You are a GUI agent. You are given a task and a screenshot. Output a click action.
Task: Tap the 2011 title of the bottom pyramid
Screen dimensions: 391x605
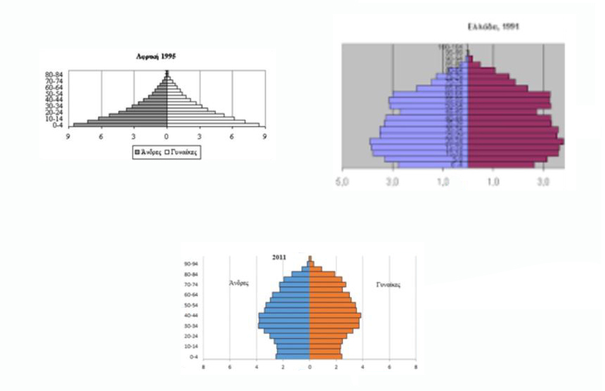pyautogui.click(x=279, y=257)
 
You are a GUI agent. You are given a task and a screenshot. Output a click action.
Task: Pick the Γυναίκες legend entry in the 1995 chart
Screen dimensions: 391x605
pyautogui.click(x=181, y=151)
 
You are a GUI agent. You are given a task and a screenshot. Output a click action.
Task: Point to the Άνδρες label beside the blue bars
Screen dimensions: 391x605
pyautogui.click(x=240, y=283)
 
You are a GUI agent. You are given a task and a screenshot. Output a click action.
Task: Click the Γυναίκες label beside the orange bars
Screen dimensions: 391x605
pyautogui.click(x=386, y=285)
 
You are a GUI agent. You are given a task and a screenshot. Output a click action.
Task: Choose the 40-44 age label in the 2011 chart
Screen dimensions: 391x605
pyautogui.click(x=190, y=315)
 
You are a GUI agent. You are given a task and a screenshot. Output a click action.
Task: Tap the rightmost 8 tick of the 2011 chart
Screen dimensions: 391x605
pyautogui.click(x=416, y=366)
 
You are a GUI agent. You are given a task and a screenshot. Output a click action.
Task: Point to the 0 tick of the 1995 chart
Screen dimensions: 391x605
pyautogui.click(x=167, y=136)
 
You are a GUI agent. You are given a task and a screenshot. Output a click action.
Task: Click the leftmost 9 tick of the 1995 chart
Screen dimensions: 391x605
pyautogui.click(x=69, y=136)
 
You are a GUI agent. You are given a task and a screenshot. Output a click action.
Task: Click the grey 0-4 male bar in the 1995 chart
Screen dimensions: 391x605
pyautogui.click(x=119, y=125)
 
